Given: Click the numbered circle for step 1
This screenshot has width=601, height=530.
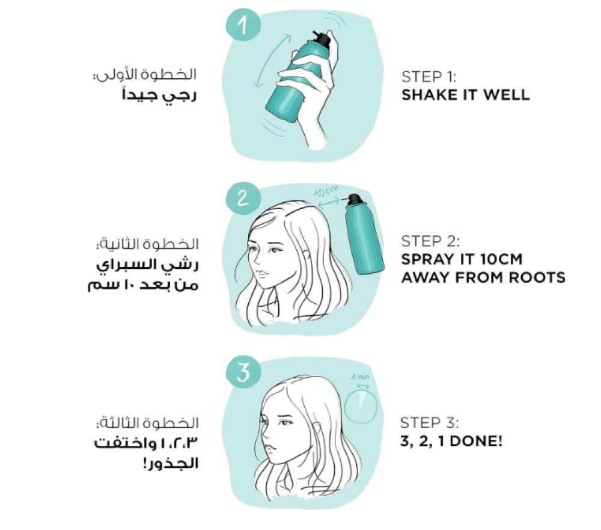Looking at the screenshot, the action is pyautogui.click(x=243, y=25).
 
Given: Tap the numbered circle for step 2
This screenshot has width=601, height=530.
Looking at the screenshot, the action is pyautogui.click(x=243, y=199).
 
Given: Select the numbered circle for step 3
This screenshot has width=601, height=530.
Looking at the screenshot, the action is pyautogui.click(x=243, y=372).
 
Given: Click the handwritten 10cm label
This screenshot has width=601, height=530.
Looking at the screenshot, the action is pyautogui.click(x=326, y=191).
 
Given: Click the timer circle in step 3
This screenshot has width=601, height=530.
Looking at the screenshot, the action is pyautogui.click(x=361, y=406).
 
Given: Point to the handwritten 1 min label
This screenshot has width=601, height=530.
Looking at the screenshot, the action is pyautogui.click(x=360, y=377).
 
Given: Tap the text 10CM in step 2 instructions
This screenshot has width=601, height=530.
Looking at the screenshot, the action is pyautogui.click(x=501, y=259).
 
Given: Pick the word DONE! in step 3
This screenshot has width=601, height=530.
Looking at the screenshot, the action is pyautogui.click(x=475, y=441).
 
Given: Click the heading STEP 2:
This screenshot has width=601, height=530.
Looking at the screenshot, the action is pyautogui.click(x=430, y=241).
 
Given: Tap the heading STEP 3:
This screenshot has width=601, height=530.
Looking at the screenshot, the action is pyautogui.click(x=429, y=422).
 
